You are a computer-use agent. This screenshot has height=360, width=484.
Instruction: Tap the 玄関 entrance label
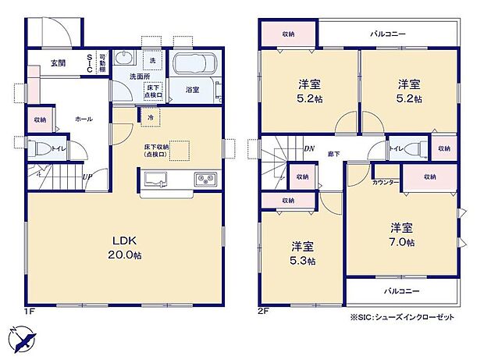pos(59,62)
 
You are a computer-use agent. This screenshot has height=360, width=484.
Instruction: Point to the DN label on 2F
pos(308,148)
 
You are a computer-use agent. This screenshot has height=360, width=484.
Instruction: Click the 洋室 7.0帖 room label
pos(403,234)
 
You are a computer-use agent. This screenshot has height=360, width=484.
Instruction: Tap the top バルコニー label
pos(388,34)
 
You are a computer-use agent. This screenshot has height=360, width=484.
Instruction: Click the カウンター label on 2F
pos(386,182)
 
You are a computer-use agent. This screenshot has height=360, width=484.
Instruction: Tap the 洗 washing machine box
pos(152,61)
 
